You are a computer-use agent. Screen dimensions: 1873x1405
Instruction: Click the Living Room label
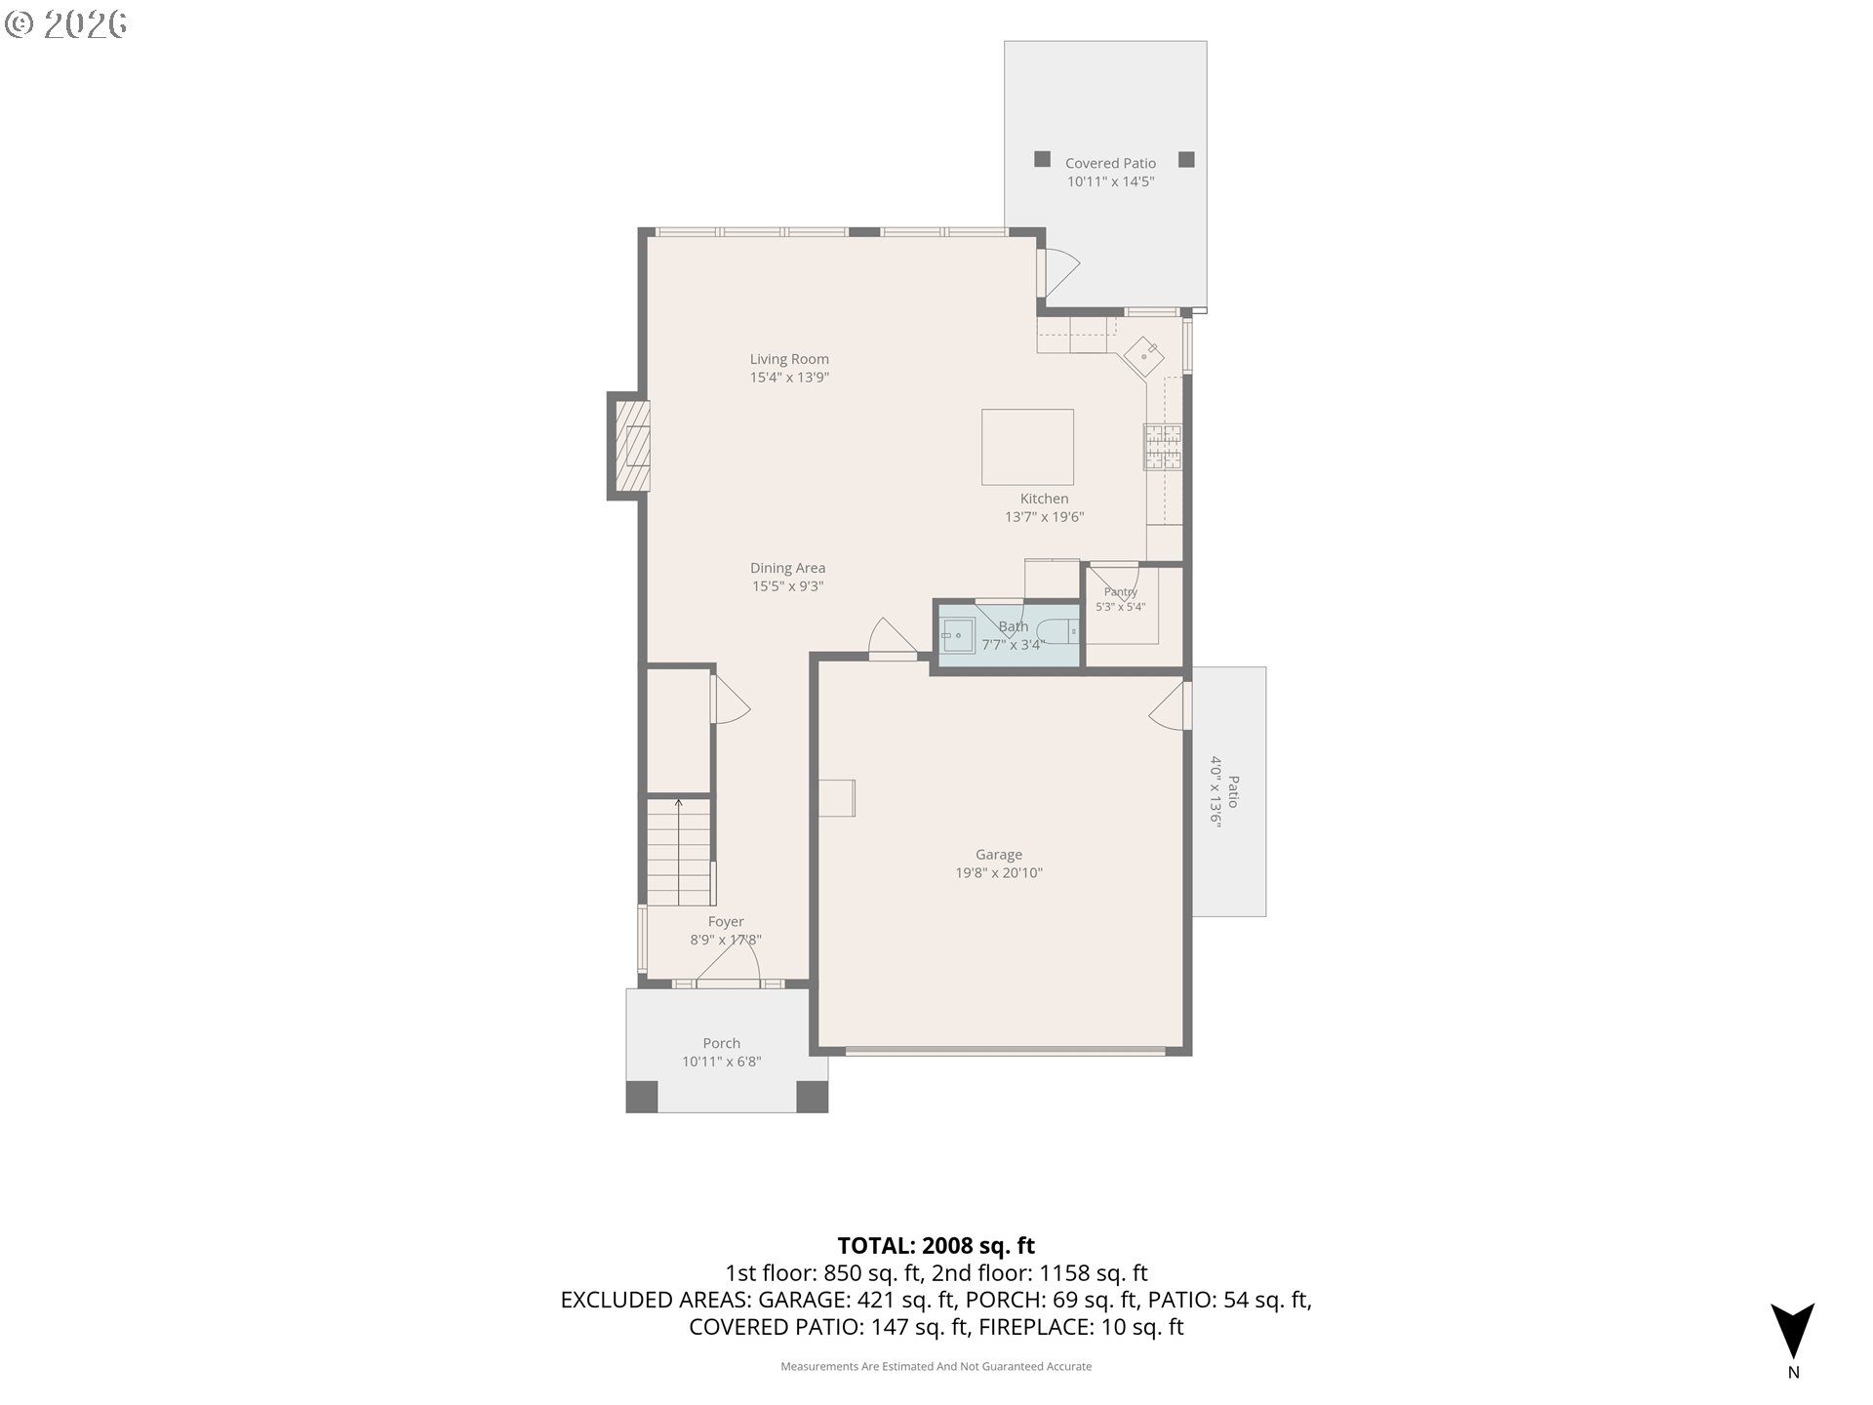pyautogui.click(x=789, y=359)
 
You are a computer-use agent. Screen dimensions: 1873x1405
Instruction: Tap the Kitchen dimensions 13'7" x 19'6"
pyautogui.click(x=1044, y=517)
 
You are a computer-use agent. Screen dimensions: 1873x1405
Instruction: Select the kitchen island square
pyautogui.click(x=1027, y=447)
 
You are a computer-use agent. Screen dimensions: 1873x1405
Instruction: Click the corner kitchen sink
pyautogui.click(x=1143, y=356)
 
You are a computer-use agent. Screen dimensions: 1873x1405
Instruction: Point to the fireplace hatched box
pyautogui.click(x=631, y=446)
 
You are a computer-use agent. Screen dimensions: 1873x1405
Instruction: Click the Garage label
pyautogui.click(x=999, y=855)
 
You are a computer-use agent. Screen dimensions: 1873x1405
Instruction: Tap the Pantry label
pyautogui.click(x=1121, y=592)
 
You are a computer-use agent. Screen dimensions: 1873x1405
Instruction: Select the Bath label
pyautogui.click(x=1013, y=626)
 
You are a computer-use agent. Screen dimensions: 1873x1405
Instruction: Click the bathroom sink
pyautogui.click(x=957, y=635)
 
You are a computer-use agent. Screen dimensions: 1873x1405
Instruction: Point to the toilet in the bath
pyautogui.click(x=1057, y=632)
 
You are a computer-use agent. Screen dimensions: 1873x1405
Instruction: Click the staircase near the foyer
pyautogui.click(x=679, y=851)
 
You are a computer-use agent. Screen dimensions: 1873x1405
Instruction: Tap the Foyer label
pyautogui.click(x=726, y=922)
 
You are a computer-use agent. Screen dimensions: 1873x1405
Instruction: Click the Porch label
pyautogui.click(x=722, y=1044)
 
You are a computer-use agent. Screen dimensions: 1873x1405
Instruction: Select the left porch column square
pyautogui.click(x=641, y=1097)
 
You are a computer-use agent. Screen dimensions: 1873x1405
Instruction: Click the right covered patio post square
pyautogui.click(x=1186, y=159)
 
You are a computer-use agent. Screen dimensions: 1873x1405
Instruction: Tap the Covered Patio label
pyautogui.click(x=1110, y=164)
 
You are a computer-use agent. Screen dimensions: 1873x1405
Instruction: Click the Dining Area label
pyautogui.click(x=787, y=568)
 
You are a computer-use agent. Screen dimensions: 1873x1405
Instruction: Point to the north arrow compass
pyautogui.click(x=1793, y=1332)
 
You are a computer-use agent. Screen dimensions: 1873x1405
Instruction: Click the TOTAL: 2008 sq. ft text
pyautogui.click(x=936, y=1246)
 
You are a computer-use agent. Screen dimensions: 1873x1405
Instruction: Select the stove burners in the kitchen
pyautogui.click(x=1163, y=447)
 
